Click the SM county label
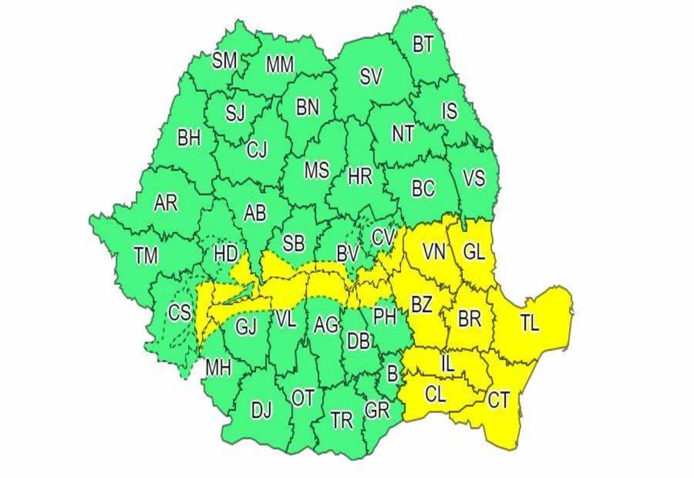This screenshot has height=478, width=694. pyautogui.click(x=224, y=60)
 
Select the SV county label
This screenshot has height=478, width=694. pyautogui.click(x=371, y=77)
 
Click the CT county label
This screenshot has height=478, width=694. pyautogui.click(x=498, y=400)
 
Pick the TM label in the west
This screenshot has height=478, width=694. pyautogui.click(x=146, y=256)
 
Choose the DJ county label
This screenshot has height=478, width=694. pyautogui.click(x=261, y=411)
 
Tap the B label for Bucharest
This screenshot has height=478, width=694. pyautogui.click(x=392, y=374)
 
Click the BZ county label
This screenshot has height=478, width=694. pyautogui.click(x=421, y=304)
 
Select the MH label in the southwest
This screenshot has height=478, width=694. pyautogui.click(x=217, y=369)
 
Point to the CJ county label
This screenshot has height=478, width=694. pyautogui.click(x=257, y=149)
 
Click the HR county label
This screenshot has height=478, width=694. pyautogui.click(x=359, y=177)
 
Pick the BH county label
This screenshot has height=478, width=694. pyautogui.click(x=189, y=138)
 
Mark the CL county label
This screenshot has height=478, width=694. pyautogui.click(x=435, y=395)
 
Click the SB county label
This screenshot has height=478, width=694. pyautogui.click(x=294, y=243)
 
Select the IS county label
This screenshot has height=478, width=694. pyautogui.click(x=449, y=111)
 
